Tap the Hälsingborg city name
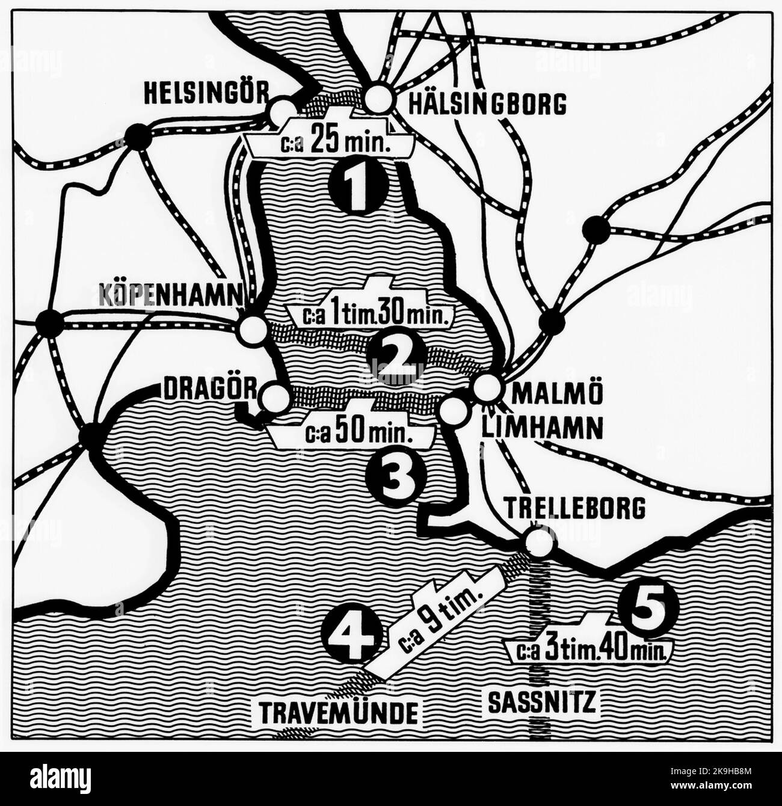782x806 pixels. click(487, 103)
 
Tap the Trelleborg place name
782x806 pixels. click(575, 508)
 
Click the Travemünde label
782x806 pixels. click(339, 713)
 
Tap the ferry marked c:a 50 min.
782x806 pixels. click(353, 433)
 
